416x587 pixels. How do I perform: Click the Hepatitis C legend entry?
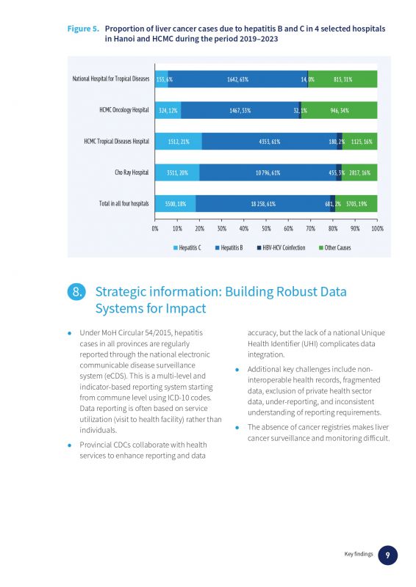click(x=187, y=248)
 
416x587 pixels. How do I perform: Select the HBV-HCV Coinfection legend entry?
click(x=281, y=248)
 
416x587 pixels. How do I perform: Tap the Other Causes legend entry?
click(x=334, y=248)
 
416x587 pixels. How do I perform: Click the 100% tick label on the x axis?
click(x=377, y=228)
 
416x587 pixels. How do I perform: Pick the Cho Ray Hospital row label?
click(x=132, y=172)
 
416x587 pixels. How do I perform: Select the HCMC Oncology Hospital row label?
click(x=123, y=110)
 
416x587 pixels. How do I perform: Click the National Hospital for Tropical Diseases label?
click(x=111, y=79)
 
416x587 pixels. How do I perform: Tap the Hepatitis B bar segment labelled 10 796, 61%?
click(x=268, y=172)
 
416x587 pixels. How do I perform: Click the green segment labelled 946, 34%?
click(x=339, y=110)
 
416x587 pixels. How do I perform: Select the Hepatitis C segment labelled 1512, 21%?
click(x=179, y=142)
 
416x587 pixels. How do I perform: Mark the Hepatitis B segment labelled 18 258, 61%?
click(x=262, y=204)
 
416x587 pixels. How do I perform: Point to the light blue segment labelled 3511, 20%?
click(x=177, y=172)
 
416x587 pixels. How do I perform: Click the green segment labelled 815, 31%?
click(x=343, y=79)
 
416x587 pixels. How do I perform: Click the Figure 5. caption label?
click(x=83, y=29)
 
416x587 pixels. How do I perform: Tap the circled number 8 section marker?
click(x=76, y=291)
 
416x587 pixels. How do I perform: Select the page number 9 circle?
click(x=387, y=555)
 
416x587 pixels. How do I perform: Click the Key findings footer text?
click(x=359, y=554)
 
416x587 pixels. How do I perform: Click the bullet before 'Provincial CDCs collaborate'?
click(x=69, y=445)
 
